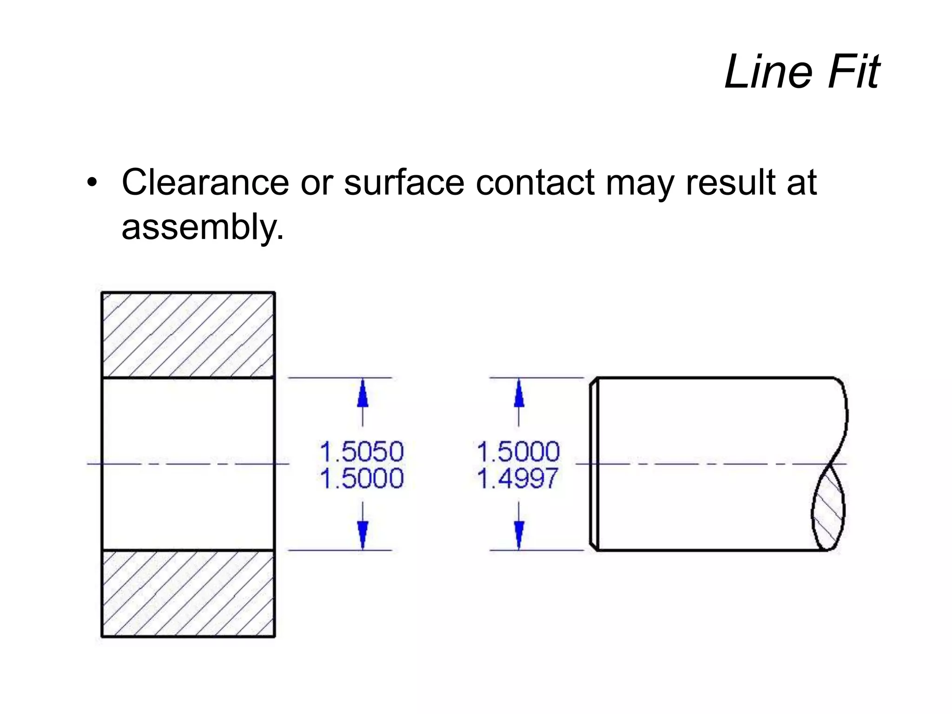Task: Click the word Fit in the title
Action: pos(854,72)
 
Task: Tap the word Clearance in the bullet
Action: pos(205,182)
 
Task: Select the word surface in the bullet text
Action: pos(404,182)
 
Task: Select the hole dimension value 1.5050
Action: pos(362,451)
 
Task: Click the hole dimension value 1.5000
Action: pos(362,478)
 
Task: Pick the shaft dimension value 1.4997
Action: pos(517,478)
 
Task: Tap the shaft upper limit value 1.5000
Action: pos(518,451)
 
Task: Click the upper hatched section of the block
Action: pos(188,335)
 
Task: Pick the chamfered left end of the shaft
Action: pos(594,463)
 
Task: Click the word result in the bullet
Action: pos(730,182)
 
